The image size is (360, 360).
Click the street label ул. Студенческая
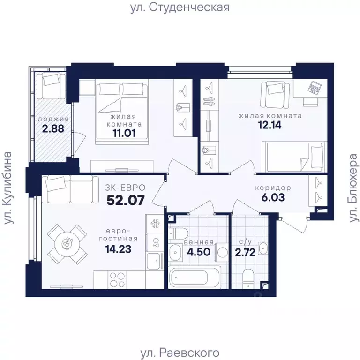point(180,7)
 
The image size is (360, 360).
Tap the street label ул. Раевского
point(180,352)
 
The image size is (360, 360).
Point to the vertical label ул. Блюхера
point(352,187)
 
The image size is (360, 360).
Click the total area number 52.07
point(125,200)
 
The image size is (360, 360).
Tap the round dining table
point(68,244)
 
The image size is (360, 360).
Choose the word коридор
point(273,188)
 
